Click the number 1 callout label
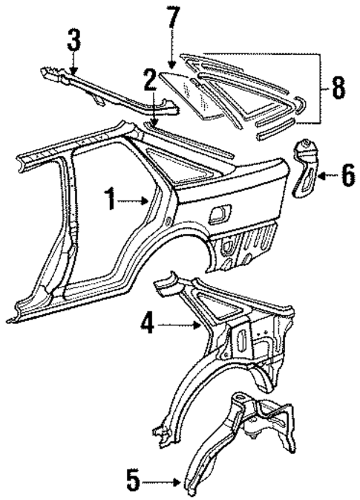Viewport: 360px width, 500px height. point(111,199)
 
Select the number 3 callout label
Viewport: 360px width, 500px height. point(73,39)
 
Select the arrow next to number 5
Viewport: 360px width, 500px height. point(160,483)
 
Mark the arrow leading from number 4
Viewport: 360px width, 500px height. point(178,324)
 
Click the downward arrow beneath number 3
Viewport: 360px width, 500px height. point(73,62)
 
